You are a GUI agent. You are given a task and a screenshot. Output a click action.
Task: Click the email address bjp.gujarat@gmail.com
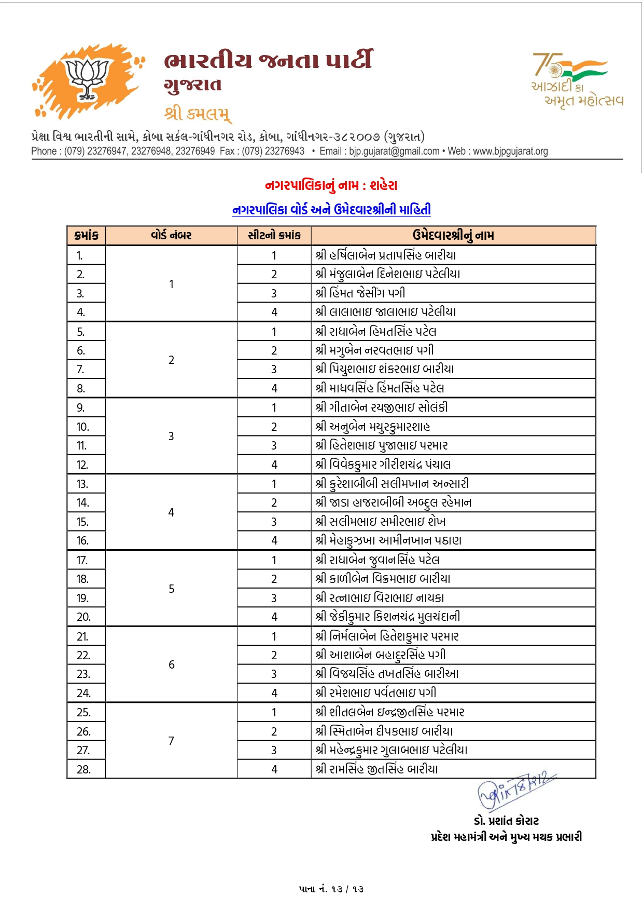394,151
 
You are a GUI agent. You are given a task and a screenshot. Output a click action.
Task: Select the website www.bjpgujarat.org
510,151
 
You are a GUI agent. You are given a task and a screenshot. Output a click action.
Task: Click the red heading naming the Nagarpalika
331,185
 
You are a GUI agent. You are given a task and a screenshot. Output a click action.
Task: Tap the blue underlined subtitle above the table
331,210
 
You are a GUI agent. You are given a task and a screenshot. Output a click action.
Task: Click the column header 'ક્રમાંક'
86,236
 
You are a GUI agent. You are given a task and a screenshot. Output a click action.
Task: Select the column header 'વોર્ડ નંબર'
171,236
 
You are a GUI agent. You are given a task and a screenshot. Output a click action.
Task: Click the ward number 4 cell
171,512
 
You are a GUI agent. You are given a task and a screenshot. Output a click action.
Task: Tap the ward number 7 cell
171,741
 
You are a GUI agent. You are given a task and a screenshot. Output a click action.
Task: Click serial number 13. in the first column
82,484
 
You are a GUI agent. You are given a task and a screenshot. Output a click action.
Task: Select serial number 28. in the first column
83,769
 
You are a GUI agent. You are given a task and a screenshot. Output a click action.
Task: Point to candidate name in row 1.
386,255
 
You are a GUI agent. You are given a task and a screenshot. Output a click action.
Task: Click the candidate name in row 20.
388,617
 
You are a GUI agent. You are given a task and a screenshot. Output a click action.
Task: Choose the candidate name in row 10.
373,427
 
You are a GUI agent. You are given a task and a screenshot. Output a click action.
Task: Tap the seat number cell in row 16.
274,540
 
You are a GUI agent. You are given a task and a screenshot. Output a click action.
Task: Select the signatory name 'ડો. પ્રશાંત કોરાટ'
506,821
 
